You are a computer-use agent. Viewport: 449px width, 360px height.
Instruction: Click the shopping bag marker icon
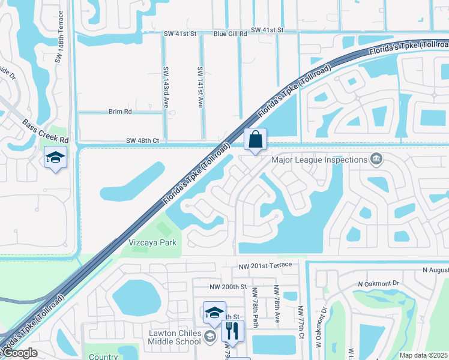point(255,140)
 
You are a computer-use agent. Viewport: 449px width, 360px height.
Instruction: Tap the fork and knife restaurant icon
point(232,330)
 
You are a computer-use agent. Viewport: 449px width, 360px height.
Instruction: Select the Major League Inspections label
point(319,160)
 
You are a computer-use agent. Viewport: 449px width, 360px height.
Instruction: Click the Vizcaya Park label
point(152,243)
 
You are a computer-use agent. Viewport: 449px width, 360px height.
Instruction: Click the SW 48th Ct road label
point(142,140)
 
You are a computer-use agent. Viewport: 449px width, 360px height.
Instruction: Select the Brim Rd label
point(119,112)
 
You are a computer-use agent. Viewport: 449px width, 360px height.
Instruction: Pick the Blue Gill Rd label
point(230,34)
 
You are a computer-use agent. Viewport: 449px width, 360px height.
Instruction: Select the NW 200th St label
point(228,287)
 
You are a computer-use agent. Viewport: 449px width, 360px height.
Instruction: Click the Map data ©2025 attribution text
point(424,355)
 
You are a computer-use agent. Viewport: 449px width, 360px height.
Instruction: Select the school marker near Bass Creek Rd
point(56,157)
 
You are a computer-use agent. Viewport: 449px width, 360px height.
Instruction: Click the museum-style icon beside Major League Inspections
point(376,159)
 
